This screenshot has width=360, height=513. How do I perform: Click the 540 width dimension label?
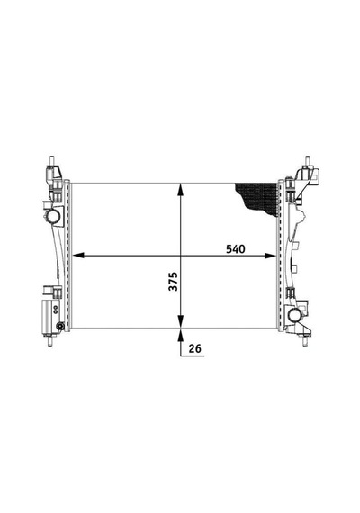235,249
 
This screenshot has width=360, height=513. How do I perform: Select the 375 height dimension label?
173,281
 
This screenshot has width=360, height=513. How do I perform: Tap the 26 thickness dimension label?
194,348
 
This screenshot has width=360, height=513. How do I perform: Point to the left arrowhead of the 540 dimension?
77,256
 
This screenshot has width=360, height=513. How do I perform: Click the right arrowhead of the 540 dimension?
270,256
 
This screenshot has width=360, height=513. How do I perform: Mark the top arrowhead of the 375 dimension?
180,189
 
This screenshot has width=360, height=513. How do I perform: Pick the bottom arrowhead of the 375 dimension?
180,321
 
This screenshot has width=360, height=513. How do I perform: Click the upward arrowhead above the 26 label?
180,335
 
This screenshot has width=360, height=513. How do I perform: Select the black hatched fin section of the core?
258,198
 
